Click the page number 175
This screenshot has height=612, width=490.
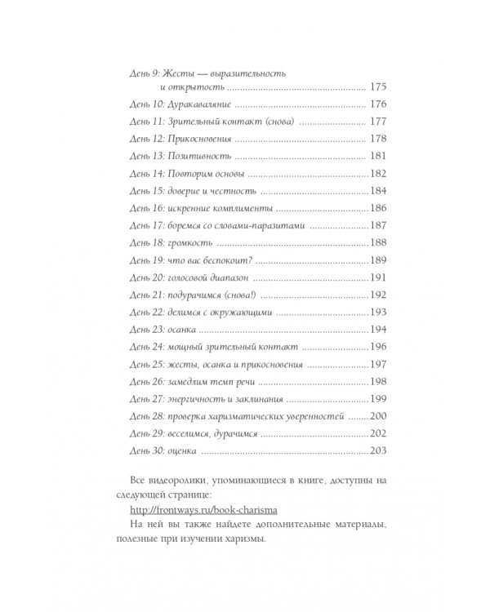[377, 87]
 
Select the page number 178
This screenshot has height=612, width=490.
[377, 139]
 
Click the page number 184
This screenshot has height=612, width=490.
[377, 190]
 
